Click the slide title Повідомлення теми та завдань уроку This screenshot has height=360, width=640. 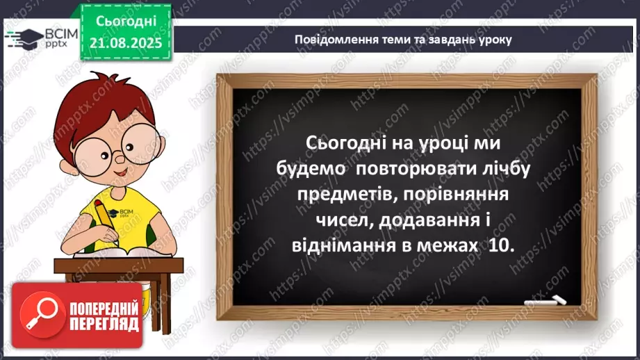403,40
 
